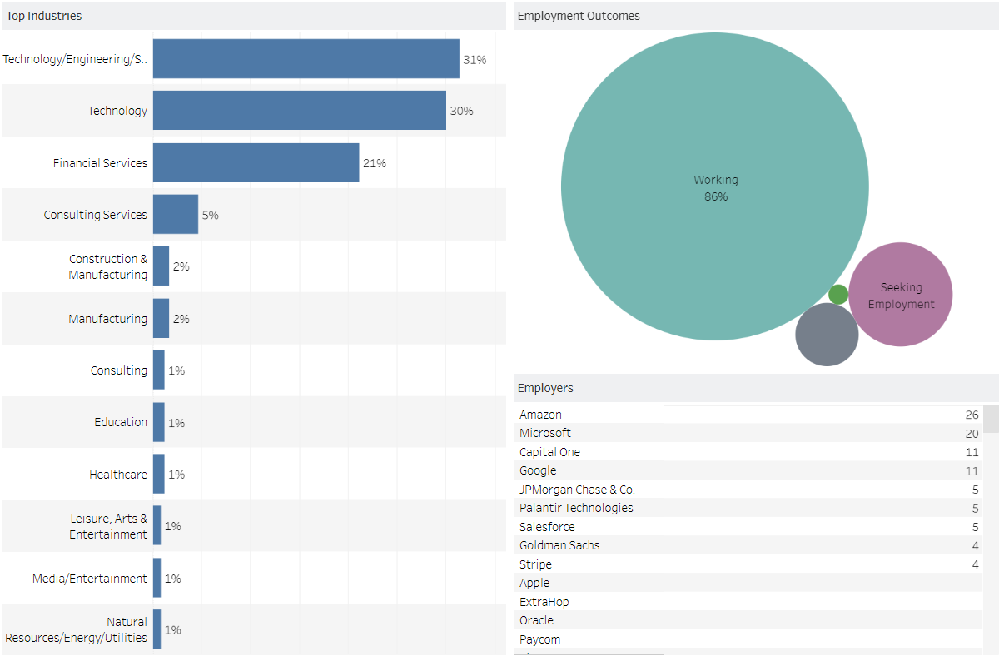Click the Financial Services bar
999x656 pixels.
[256, 163]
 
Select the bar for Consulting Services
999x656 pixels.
[176, 215]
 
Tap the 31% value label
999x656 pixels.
[475, 60]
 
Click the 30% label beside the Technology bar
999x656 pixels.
[462, 111]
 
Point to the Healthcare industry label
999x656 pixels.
[118, 475]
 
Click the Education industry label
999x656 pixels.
[121, 422]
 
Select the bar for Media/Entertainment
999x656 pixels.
[157, 579]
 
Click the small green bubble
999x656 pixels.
[838, 295]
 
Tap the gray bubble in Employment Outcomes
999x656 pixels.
[827, 335]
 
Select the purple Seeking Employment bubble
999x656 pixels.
[901, 295]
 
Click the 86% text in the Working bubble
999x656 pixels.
[716, 197]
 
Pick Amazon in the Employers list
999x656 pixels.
[540, 415]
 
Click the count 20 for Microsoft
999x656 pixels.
[972, 433]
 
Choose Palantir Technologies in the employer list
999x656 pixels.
[576, 508]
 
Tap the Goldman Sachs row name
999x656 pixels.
[559, 545]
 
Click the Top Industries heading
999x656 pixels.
[44, 16]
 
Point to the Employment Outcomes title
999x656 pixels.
[579, 16]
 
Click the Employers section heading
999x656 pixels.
[545, 388]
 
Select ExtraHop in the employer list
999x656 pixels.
[544, 602]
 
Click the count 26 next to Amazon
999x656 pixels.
[972, 415]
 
